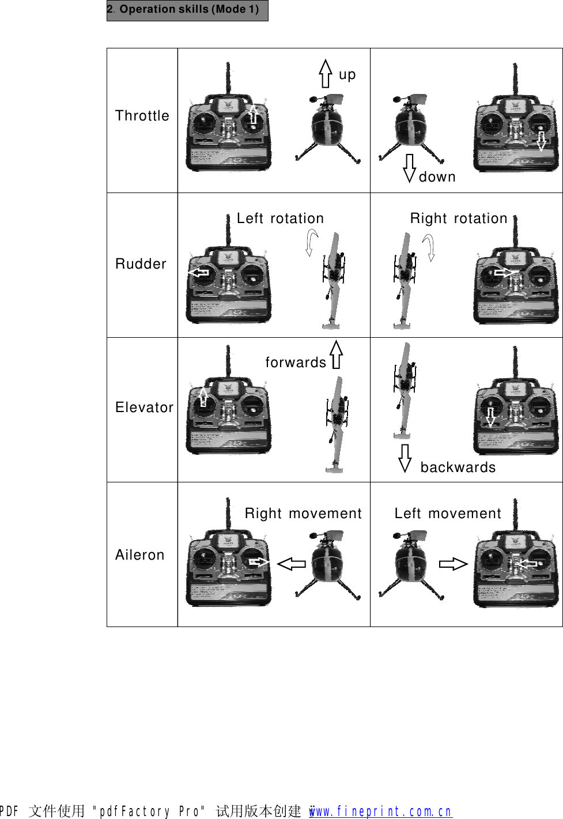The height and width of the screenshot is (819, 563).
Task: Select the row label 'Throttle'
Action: pos(142,116)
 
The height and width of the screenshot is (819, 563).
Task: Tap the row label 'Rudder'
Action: pos(141,264)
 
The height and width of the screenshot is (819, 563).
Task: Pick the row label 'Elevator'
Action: pos(144,407)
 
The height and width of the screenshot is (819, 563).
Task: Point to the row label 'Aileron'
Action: pos(139,555)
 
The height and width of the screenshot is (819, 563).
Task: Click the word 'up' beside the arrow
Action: pos(347,75)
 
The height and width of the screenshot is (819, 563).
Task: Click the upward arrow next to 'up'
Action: pos(326,73)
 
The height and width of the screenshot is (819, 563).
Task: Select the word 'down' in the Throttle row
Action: pos(437,177)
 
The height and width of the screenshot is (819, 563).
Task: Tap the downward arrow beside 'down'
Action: pos(409,168)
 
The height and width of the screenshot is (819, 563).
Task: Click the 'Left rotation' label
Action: pos(280,218)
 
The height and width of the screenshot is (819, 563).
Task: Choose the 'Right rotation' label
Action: pos(458,218)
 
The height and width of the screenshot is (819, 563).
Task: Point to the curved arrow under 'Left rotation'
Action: pos(311,241)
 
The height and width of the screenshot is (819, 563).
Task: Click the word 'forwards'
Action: pos(296,363)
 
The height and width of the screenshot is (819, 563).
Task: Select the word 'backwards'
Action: pos(458,467)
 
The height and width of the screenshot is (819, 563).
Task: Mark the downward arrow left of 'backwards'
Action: pos(405,458)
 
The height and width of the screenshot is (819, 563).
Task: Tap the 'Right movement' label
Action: pos(303,514)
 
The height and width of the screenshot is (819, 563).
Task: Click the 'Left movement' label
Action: pos(448,514)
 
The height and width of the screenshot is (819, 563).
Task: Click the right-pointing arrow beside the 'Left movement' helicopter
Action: pos(453,564)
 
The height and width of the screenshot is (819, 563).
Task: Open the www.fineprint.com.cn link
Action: pos(380,811)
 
